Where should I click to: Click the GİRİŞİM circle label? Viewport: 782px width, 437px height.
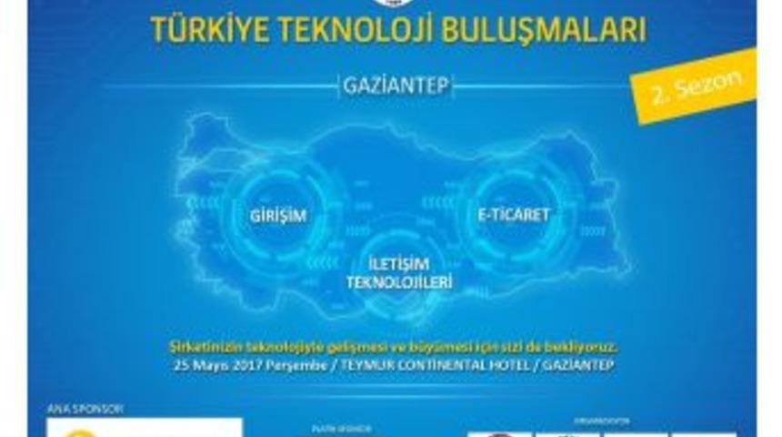[x=277, y=216]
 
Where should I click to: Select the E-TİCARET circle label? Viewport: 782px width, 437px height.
[x=514, y=216]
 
